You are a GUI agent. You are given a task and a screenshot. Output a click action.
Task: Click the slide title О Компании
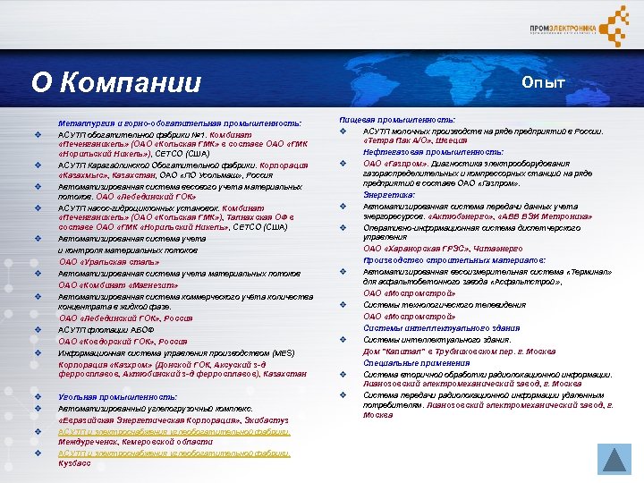click(x=116, y=82)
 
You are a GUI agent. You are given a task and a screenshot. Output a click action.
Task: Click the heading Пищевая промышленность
click(x=398, y=119)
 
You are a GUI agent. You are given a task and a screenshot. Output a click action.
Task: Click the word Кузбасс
click(x=75, y=463)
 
